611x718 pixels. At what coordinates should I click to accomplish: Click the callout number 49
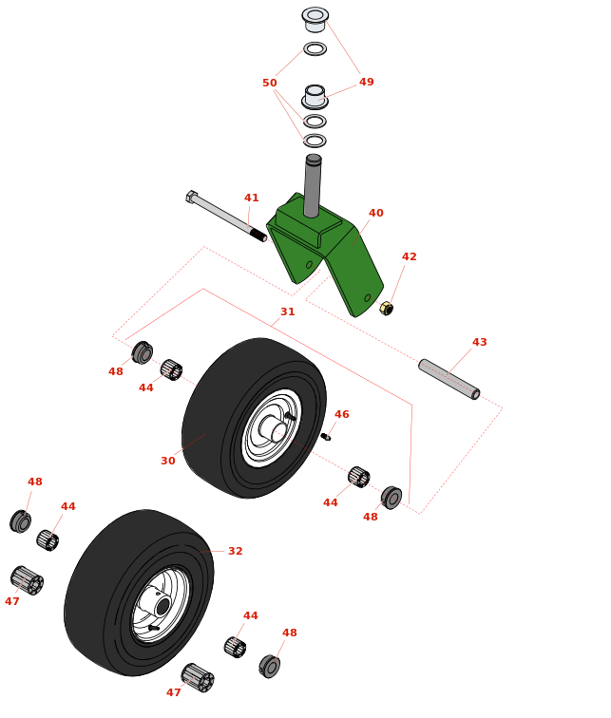click(x=366, y=83)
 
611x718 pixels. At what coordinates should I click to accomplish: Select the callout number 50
click(x=270, y=84)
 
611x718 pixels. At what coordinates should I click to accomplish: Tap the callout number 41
click(x=251, y=198)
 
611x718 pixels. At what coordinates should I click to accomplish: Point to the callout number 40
click(x=375, y=214)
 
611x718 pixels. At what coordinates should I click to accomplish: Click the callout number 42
click(x=409, y=257)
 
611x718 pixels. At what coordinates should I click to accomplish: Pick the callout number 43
click(x=479, y=343)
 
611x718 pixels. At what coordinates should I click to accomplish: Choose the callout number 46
click(x=341, y=415)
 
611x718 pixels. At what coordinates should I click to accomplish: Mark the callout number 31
click(x=287, y=312)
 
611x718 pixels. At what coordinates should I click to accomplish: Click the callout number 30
click(x=167, y=462)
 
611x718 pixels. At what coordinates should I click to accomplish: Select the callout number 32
click(x=235, y=552)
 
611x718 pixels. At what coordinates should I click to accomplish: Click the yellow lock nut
click(x=386, y=309)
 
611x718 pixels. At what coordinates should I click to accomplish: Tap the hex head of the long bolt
click(x=191, y=197)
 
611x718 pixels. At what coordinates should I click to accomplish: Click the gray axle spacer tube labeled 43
click(x=449, y=379)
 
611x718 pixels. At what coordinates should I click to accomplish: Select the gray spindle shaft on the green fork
click(x=312, y=186)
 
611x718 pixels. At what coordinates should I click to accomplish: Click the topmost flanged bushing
click(x=315, y=18)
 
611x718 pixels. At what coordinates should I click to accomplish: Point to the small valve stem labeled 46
click(x=325, y=437)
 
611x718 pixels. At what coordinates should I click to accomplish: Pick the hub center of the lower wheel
click(x=162, y=605)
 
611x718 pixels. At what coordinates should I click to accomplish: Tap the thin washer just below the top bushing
click(x=315, y=48)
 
